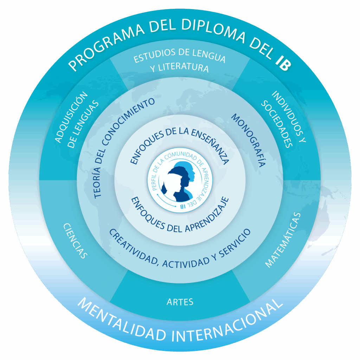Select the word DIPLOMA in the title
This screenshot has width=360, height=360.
[x=213, y=30]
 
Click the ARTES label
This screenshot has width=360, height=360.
[x=180, y=302]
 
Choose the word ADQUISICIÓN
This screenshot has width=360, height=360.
[x=71, y=117]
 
